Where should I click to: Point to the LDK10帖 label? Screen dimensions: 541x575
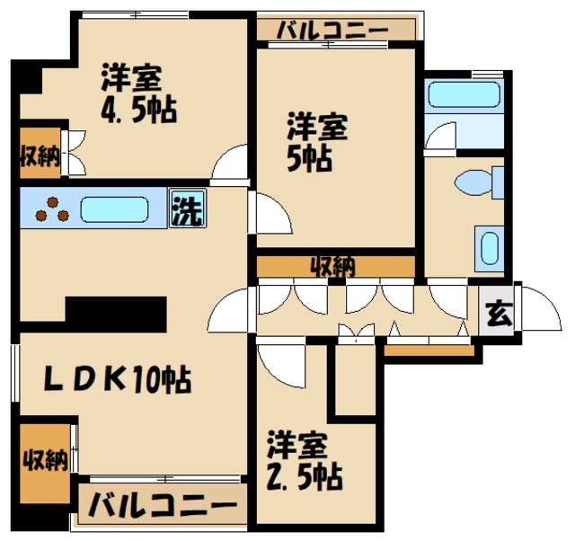click(119, 380)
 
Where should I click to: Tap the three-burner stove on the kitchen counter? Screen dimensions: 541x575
click(51, 209)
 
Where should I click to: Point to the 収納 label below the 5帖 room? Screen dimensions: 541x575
click(333, 266)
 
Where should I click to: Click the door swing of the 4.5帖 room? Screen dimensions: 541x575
click(229, 165)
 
